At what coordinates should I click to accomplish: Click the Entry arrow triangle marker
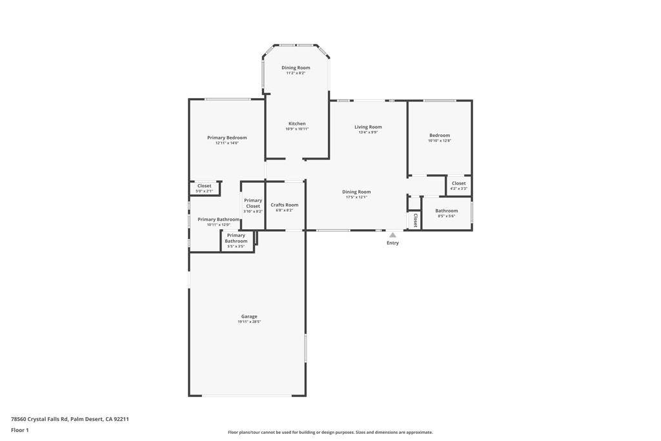coord(392,235)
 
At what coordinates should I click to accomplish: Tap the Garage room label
coord(249,316)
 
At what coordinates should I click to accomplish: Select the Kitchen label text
coord(297,123)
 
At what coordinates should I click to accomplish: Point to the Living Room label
coord(368,127)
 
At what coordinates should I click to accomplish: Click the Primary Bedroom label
coord(227,138)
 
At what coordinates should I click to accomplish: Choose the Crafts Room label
coord(284,205)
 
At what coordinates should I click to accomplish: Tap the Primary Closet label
coord(253,203)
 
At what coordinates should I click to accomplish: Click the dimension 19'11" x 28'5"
coord(249,322)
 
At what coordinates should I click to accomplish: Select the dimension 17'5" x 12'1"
coord(356,197)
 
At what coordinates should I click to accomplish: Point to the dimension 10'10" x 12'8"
coord(440,140)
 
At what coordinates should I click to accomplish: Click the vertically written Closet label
coord(415,221)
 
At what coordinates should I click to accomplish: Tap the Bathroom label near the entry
coord(446,210)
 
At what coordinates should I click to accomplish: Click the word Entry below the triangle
coord(392,243)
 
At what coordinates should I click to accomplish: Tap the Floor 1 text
coord(20,430)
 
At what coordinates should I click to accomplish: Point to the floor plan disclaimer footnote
coord(330,433)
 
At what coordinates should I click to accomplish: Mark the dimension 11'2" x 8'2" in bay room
coord(296,73)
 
